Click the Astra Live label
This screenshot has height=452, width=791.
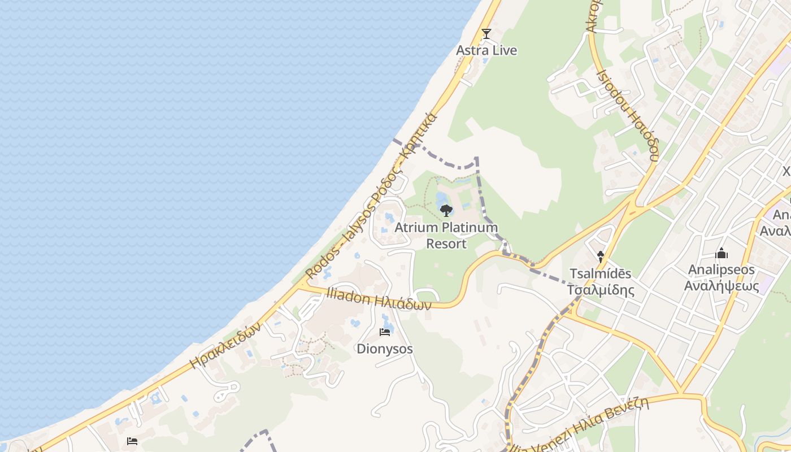tap(486, 50)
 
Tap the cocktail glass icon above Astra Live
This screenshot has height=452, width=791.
tap(486, 34)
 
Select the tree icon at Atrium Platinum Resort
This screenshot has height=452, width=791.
tap(446, 211)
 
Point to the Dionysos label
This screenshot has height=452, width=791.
tap(385, 349)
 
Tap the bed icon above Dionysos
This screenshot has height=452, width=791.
tap(385, 332)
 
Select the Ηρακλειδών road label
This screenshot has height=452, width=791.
tap(225, 345)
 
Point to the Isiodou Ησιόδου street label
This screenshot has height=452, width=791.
tap(628, 115)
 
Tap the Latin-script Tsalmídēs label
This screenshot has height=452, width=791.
tap(600, 274)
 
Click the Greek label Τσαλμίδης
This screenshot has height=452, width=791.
tap(601, 290)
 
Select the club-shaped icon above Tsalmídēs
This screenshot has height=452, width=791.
tap(601, 257)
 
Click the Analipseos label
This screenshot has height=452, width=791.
tap(721, 270)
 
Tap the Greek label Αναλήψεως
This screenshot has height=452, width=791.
tap(721, 286)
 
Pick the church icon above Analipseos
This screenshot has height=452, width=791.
tap(722, 254)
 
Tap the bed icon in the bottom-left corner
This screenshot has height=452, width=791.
tap(132, 441)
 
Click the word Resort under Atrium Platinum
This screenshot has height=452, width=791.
tap(446, 244)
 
